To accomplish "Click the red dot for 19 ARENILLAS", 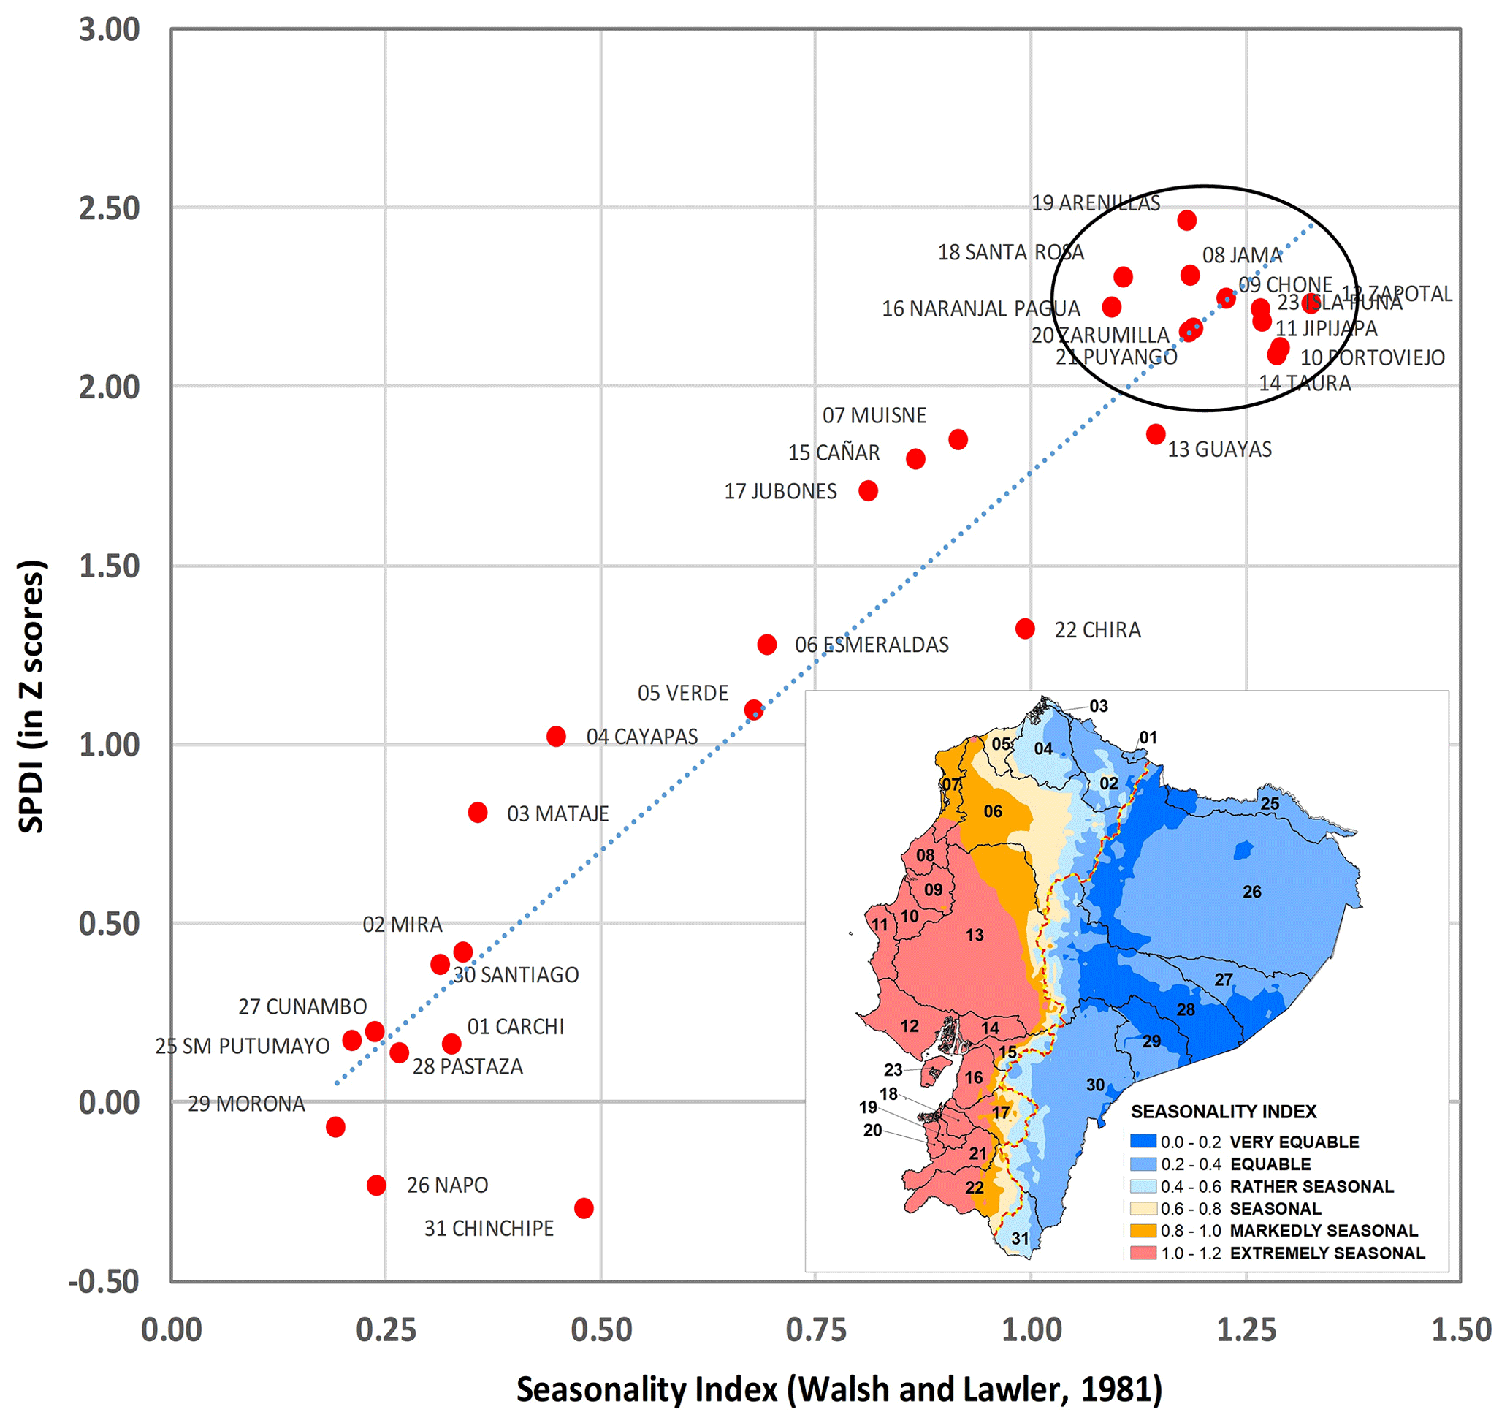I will pos(1186,220).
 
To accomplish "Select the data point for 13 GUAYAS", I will pos(1155,435).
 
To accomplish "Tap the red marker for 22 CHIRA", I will pos(1025,629).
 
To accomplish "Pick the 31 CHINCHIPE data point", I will pos(584,1208).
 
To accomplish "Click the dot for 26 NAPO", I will pos(376,1185).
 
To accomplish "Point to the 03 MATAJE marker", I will pos(477,812).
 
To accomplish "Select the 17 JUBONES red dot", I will pos(867,491).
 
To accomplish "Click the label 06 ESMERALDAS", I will pos(872,645).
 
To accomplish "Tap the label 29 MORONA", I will pos(246,1104).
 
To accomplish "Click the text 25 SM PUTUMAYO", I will pos(243,1046).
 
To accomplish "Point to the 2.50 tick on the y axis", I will pos(110,208).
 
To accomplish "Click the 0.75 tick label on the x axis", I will pos(816,1329).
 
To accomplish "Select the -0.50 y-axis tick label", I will pos(104,1282).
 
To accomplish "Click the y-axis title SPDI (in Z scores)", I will pos(32,696).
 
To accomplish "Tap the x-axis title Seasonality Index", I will pos(839,1389).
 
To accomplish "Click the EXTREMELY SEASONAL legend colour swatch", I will pos(1143,1253).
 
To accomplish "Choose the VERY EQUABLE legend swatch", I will pos(1143,1141).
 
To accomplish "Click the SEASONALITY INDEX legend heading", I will pos(1223,1112).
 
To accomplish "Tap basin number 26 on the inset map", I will pos(1251,892).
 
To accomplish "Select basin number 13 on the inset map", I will pos(975,936).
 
